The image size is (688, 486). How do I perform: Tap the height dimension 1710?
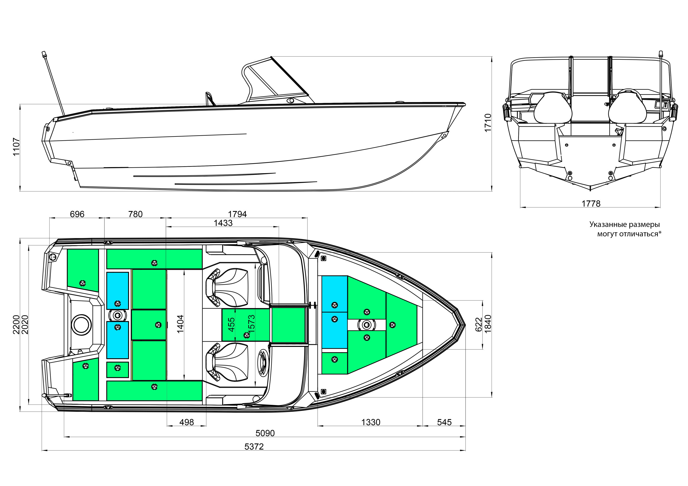(488, 123)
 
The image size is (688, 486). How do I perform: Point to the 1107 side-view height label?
(16, 147)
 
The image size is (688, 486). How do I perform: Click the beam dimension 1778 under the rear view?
(591, 204)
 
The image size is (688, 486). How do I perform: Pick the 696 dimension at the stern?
(77, 214)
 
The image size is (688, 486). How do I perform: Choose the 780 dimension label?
(135, 214)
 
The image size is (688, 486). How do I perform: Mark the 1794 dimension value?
(237, 214)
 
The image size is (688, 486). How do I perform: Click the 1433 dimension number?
(223, 223)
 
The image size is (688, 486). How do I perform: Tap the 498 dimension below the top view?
(186, 422)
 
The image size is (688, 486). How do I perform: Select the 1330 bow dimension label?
(371, 422)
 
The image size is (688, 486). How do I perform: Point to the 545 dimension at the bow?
(444, 422)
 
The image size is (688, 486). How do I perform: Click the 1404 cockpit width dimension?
(180, 324)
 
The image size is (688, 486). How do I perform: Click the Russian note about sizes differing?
(625, 229)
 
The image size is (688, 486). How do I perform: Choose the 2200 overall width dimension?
(16, 325)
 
